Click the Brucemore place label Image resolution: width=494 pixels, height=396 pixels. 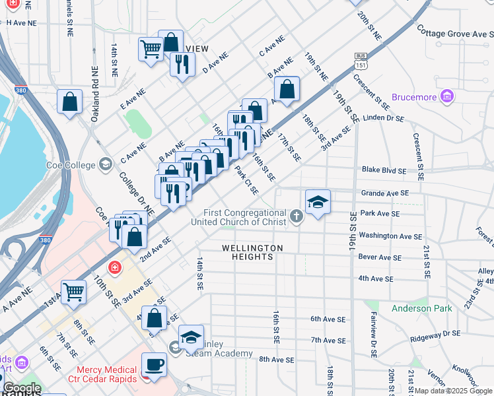pos(414,97)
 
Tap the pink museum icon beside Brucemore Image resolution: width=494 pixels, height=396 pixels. pos(447,97)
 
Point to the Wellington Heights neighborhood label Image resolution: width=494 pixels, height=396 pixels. pos(252,252)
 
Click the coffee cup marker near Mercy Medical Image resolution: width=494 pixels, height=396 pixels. pos(154,364)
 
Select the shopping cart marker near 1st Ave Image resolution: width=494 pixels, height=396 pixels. pos(74,291)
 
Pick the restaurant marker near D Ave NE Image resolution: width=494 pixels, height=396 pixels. pos(182,64)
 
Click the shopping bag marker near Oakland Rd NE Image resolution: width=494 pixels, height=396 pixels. pos(69,102)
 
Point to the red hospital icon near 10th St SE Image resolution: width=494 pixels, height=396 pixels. pos(116,267)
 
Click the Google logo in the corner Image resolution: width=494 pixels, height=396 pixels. pos(22,388)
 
